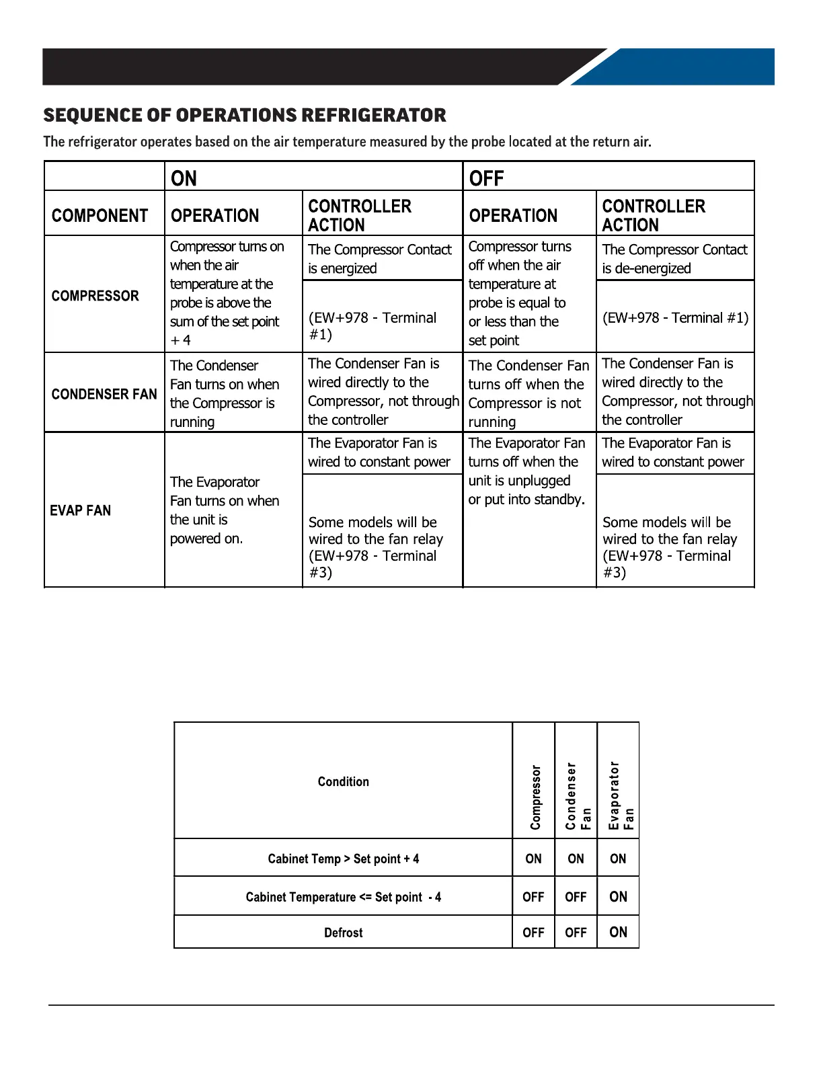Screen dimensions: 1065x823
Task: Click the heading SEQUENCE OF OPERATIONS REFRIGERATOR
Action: pyautogui.click(x=245, y=116)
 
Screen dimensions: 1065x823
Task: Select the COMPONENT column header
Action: pyautogui.click(x=100, y=216)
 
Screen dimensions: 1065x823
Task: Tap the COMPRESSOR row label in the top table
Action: pyautogui.click(x=95, y=296)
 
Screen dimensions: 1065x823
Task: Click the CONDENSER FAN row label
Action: pyautogui.click(x=104, y=394)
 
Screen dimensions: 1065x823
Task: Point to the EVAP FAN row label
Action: pyautogui.click(x=81, y=510)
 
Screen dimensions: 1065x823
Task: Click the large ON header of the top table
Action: pyautogui.click(x=184, y=178)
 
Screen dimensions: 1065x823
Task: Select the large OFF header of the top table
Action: pyautogui.click(x=486, y=178)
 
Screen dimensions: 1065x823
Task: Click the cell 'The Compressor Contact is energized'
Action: pyautogui.click(x=380, y=259)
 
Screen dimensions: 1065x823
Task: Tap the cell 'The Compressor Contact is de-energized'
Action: pyautogui.click(x=674, y=259)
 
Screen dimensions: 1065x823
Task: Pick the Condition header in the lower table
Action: pyautogui.click(x=344, y=782)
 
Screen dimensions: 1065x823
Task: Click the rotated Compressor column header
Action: pyautogui.click(x=535, y=797)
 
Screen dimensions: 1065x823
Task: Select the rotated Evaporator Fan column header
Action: pyautogui.click(x=620, y=796)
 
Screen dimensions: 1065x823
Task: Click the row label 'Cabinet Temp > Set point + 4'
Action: pyautogui.click(x=344, y=859)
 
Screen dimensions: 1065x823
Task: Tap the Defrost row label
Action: pyautogui.click(x=344, y=933)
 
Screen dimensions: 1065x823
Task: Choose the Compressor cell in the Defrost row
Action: pyautogui.click(x=533, y=933)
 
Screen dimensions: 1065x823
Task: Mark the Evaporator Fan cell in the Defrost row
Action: pyautogui.click(x=618, y=933)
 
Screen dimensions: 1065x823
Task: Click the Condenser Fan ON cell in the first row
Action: pyautogui.click(x=576, y=859)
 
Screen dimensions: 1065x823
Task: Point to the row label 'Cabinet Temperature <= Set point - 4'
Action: pyautogui.click(x=344, y=897)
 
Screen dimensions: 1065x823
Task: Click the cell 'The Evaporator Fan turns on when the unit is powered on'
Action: pyautogui.click(x=225, y=510)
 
